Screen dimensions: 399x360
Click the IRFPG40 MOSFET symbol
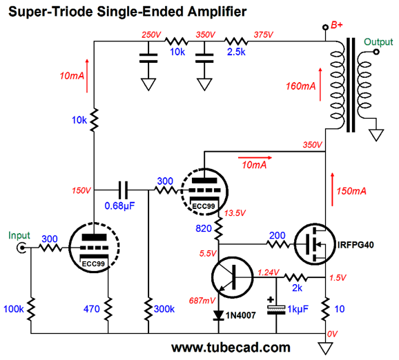[315, 244]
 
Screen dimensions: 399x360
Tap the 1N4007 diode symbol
[218, 315]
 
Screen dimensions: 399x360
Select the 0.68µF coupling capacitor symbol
[123, 190]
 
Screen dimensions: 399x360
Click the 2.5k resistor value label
[236, 52]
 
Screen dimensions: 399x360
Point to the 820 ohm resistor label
[204, 228]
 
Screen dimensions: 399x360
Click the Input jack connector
[21, 248]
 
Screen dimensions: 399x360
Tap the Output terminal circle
[376, 52]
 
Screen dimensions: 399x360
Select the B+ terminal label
[337, 25]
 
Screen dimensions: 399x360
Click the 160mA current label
[300, 86]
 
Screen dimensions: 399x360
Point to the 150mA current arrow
[332, 190]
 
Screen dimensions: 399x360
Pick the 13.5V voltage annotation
[235, 213]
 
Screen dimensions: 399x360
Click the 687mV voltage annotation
[202, 301]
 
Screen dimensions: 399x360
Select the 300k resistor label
[164, 309]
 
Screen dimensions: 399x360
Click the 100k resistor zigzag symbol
[31, 309]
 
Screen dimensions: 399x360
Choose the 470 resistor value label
[92, 309]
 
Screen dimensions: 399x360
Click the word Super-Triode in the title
[50, 12]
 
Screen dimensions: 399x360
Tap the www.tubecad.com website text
[231, 348]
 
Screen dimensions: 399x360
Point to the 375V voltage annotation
[264, 34]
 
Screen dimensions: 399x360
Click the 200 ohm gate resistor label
[277, 235]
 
